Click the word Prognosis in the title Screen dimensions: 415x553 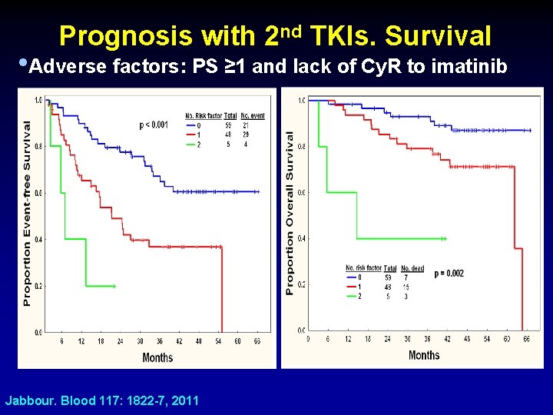coord(126,36)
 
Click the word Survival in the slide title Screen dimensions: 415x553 coord(438,36)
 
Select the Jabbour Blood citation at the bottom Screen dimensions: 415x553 coord(102,400)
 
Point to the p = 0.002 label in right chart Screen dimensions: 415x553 coord(449,274)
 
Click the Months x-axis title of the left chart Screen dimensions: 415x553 coord(157,357)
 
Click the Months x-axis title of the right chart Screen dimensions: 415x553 coord(424,354)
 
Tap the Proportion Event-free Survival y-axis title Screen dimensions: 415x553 coord(28,213)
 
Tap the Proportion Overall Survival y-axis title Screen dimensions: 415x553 coord(290,213)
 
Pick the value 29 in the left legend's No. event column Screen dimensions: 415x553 coord(245,135)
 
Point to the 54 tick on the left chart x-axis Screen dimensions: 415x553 coord(218,340)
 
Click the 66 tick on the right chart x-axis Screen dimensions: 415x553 coord(526,338)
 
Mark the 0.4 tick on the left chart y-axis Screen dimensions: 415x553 coord(38,239)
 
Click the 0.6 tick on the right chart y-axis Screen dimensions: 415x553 coord(302,192)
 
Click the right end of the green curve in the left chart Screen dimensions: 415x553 coord(114,286)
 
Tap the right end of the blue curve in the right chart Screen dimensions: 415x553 coord(530,131)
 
